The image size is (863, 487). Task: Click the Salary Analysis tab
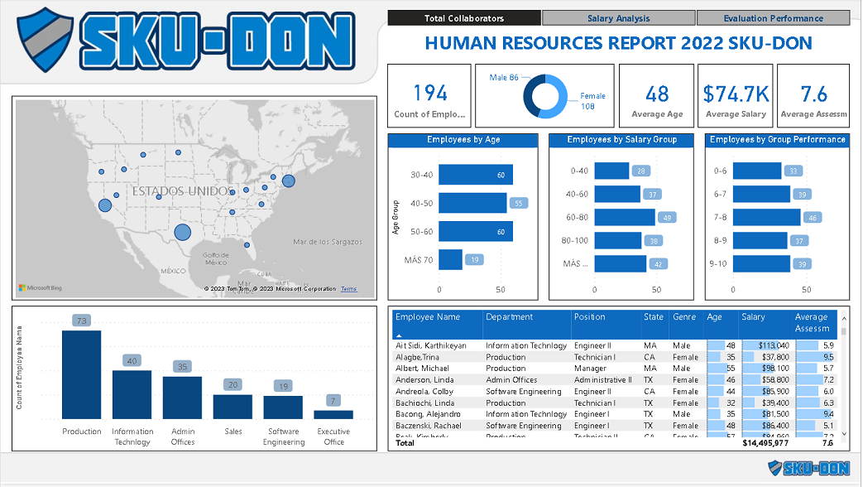coord(619,18)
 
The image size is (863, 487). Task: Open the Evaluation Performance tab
coord(773,18)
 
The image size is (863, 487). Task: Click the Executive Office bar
coord(333,414)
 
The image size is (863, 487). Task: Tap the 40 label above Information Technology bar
coord(132,360)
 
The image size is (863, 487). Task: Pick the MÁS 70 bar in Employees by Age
coord(451,259)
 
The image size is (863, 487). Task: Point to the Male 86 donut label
coord(504,77)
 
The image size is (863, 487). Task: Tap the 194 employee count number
coord(429,93)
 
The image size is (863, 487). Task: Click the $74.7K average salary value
coord(736,94)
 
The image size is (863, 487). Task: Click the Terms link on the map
coord(348,289)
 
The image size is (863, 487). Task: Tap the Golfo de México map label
coord(216,258)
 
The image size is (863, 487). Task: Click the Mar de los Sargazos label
coord(328,242)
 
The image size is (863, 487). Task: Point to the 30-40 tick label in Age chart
coord(422,175)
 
